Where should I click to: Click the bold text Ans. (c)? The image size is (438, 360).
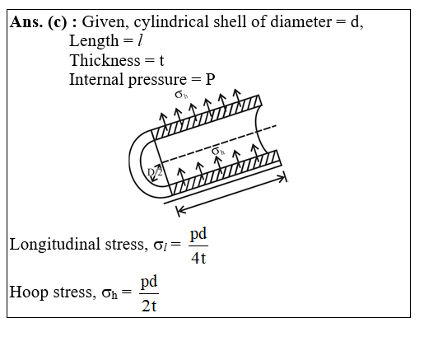(x=39, y=21)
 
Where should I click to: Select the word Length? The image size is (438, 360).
(x=94, y=41)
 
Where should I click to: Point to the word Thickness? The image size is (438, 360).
(x=105, y=60)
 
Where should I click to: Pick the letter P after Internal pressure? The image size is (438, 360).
(x=210, y=80)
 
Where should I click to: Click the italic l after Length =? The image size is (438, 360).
(x=140, y=41)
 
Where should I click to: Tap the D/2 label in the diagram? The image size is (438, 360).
(x=155, y=172)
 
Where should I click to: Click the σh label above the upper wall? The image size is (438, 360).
(x=181, y=95)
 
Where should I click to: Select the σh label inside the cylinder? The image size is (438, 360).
(x=218, y=152)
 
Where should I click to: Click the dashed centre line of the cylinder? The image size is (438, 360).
(x=219, y=143)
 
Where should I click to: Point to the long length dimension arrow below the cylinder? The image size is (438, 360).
(x=232, y=194)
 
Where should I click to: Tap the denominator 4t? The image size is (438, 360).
(x=198, y=259)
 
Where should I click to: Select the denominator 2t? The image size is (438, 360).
(x=149, y=306)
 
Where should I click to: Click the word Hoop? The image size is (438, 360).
(x=29, y=292)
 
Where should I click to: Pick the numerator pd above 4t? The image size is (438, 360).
(x=198, y=234)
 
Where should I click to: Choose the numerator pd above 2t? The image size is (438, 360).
(x=149, y=282)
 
